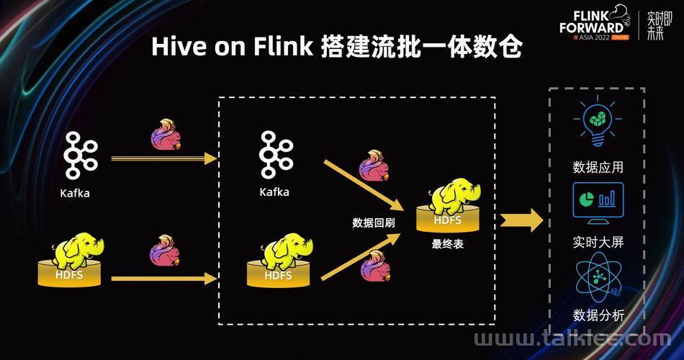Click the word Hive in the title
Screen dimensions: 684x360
[179, 46]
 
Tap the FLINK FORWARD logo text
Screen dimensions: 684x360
[592, 22]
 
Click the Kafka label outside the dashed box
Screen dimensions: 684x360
[75, 193]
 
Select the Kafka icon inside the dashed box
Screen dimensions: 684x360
[276, 155]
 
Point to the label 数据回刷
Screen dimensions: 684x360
[374, 223]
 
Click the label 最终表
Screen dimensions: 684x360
[448, 244]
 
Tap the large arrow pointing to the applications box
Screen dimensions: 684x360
[521, 220]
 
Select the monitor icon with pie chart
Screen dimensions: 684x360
[598, 203]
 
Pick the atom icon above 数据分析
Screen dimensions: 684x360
[598, 277]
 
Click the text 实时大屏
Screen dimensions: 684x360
[598, 242]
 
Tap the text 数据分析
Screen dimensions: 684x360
[598, 315]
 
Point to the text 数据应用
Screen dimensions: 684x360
[598, 167]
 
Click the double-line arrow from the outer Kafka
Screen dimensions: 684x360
[164, 159]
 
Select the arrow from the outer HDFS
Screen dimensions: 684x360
[164, 279]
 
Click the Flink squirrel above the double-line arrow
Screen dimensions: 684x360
[166, 135]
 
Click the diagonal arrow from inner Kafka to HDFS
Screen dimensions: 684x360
[364, 186]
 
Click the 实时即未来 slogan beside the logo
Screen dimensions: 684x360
[659, 26]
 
